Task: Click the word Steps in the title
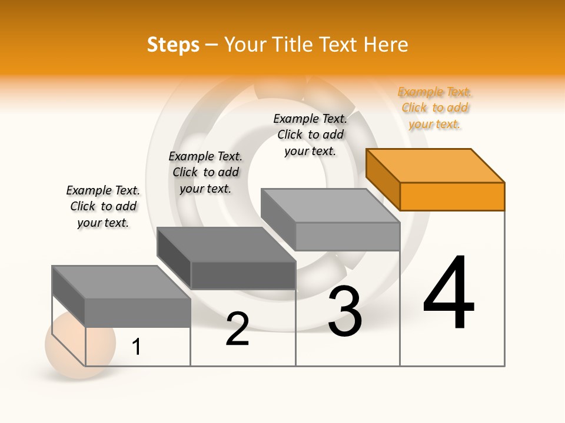tap(173, 45)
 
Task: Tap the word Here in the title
tap(385, 45)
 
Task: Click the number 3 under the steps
tap(344, 312)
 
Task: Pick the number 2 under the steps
tap(237, 330)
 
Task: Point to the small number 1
tap(137, 347)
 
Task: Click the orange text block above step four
tap(435, 108)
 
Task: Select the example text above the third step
tap(310, 135)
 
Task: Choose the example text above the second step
tap(205, 172)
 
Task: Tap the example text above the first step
tap(103, 206)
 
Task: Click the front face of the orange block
tap(452, 196)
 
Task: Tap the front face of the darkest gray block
tap(243, 275)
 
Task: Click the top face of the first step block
tap(121, 282)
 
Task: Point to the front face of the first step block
tap(138, 313)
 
